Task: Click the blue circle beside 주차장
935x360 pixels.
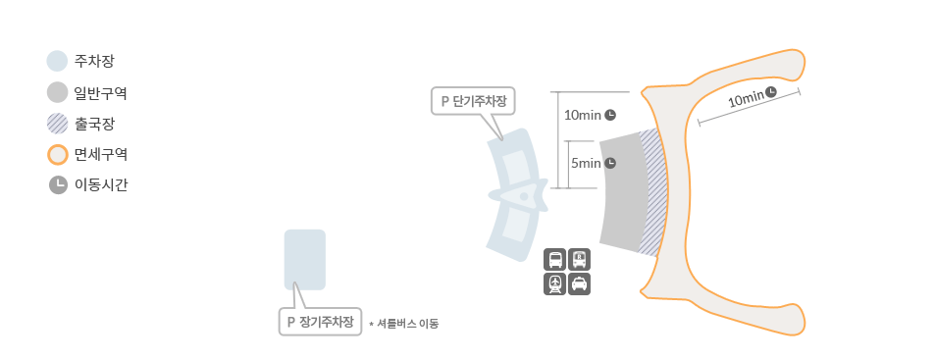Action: (57, 61)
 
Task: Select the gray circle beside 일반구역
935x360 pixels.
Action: (57, 92)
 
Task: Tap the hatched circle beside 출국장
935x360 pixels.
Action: (57, 124)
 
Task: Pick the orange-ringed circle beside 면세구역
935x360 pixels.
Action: (57, 154)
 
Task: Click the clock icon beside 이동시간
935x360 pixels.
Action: (57, 184)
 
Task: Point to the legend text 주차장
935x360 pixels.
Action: (94, 61)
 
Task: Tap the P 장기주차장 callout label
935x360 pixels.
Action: (320, 322)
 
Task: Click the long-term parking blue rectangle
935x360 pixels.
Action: (304, 259)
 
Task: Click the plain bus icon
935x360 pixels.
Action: (555, 260)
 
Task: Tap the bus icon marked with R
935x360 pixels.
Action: (580, 260)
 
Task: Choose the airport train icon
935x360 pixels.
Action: (555, 283)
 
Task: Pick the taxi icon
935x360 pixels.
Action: (580, 283)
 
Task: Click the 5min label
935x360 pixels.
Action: (585, 163)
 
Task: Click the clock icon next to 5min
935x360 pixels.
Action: (609, 163)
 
